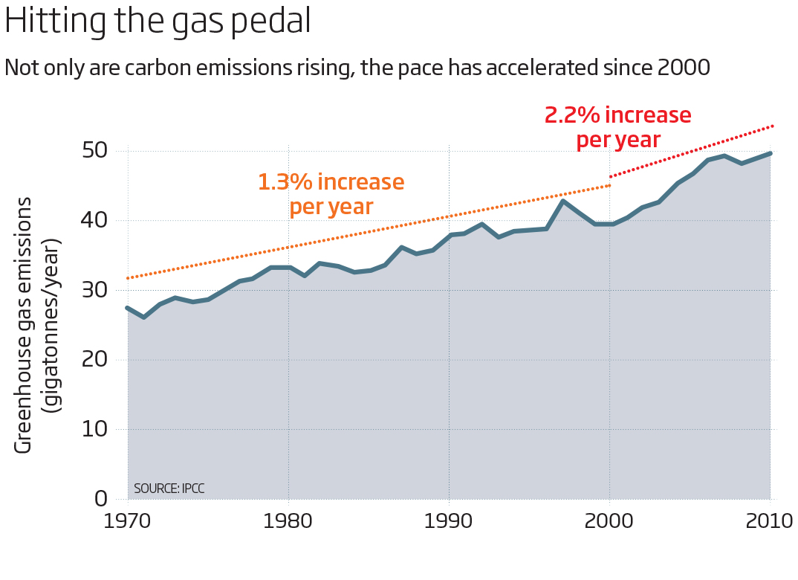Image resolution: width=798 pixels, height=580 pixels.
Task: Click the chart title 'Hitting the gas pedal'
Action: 158,22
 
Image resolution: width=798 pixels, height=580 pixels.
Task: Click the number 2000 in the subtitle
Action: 684,68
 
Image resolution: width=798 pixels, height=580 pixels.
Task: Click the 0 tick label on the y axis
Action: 100,499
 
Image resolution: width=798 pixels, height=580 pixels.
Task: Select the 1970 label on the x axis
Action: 127,520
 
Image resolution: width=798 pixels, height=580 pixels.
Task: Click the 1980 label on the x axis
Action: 288,520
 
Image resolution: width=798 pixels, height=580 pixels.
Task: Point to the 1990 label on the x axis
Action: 449,520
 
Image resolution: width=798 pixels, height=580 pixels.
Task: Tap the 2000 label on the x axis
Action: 609,520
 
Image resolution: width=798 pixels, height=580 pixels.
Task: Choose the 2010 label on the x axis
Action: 768,520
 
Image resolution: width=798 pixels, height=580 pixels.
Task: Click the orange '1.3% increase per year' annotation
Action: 331,193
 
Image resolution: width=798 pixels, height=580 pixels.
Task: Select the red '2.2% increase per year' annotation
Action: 618,127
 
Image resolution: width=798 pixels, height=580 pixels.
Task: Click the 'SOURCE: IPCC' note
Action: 169,489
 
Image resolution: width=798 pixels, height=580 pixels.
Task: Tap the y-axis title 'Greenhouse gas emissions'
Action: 24,325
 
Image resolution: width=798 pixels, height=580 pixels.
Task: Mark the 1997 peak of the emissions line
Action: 562,201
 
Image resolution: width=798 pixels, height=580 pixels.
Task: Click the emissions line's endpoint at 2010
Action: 770,153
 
